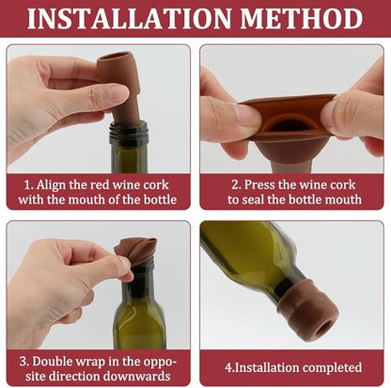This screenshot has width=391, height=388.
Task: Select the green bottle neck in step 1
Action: coord(129,141)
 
